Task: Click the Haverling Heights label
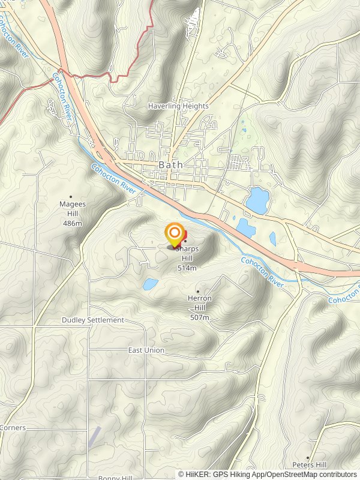179,106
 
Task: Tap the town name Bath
171,164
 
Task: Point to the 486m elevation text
72,223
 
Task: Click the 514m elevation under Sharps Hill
187,268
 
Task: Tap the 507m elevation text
200,317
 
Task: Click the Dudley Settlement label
93,320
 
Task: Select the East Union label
146,350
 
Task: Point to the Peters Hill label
310,465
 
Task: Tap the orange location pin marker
175,233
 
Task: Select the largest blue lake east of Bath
257,200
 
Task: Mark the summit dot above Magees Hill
71,196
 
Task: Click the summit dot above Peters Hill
309,457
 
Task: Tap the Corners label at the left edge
12,428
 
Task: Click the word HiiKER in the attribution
198,474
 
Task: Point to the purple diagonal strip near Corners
94,436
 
